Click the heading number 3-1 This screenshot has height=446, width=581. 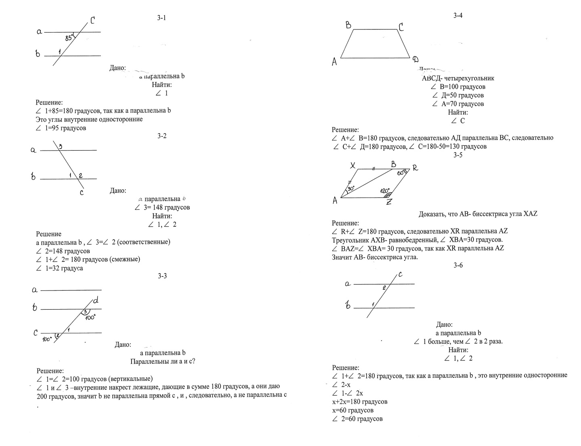click(162, 18)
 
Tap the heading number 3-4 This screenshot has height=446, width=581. click(458, 16)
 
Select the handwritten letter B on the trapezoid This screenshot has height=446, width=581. click(348, 25)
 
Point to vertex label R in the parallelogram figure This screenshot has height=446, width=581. click(415, 168)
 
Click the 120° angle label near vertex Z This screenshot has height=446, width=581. click(385, 191)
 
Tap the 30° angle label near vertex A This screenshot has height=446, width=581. click(350, 188)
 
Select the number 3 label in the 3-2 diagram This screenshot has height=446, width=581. click(60, 147)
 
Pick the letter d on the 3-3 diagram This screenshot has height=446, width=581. click(96, 301)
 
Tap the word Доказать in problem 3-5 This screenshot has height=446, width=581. click(432, 214)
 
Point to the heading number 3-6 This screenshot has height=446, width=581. click(458, 265)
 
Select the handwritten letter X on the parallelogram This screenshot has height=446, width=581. click(352, 165)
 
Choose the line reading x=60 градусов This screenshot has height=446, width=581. click(352, 410)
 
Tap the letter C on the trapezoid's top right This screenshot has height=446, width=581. click(401, 27)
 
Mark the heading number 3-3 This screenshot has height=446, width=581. click(162, 276)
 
